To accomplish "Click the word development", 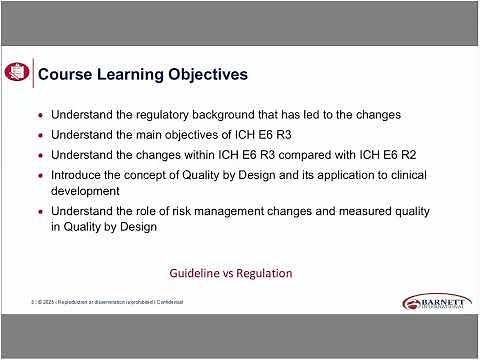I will (86, 189).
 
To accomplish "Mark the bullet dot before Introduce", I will (39, 175).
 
